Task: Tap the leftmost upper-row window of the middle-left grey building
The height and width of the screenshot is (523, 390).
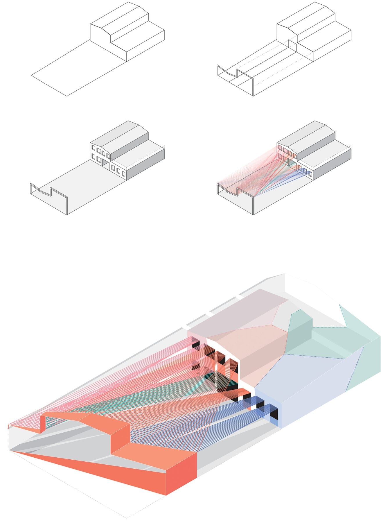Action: coord(94,148)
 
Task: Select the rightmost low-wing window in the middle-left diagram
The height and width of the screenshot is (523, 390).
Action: coord(124,173)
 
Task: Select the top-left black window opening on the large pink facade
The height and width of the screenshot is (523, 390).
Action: coord(195,344)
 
